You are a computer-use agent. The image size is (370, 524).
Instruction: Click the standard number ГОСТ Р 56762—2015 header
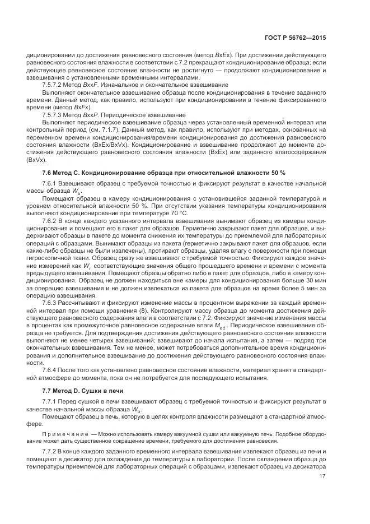pyautogui.click(x=297, y=38)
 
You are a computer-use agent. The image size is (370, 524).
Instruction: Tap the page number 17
pyautogui.click(x=322, y=477)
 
